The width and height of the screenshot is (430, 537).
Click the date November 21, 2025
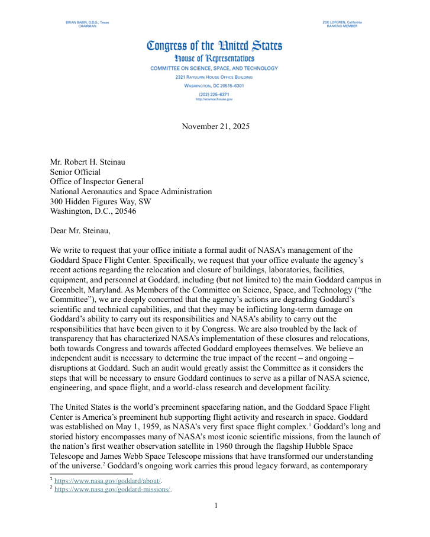(215, 126)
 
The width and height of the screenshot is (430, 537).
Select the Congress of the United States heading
(214, 46)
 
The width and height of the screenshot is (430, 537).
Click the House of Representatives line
(214, 59)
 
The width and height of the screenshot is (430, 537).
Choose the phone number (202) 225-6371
(214, 94)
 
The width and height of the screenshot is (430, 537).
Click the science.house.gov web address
(214, 99)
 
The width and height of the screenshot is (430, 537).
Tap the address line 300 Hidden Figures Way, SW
(101, 201)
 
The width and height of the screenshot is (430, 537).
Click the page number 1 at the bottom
(216, 506)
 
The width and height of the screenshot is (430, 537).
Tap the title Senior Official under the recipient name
(75, 172)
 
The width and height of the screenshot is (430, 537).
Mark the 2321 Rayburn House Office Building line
(214, 77)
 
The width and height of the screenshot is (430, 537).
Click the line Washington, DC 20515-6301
(214, 85)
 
